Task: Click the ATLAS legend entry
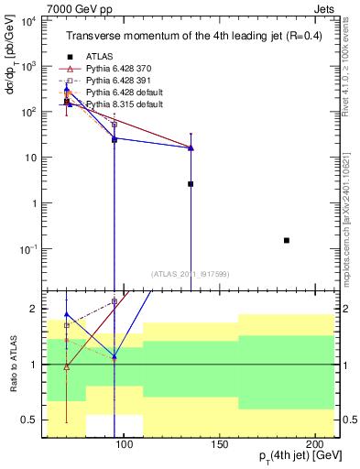pos(101,57)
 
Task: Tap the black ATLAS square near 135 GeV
pos(191,184)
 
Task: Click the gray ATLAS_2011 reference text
pos(190,273)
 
